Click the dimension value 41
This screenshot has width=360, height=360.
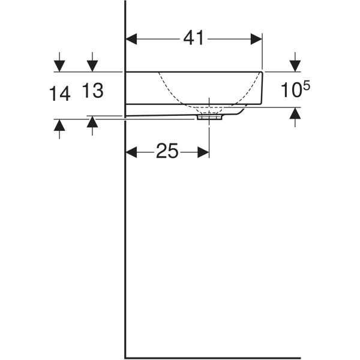(x=194, y=38)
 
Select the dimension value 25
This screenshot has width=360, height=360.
(x=167, y=152)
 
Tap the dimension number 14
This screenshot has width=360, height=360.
(x=60, y=93)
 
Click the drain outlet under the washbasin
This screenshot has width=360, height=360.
(x=209, y=117)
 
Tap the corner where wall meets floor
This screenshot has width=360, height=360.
(x=125, y=356)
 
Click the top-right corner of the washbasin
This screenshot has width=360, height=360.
(x=262, y=71)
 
